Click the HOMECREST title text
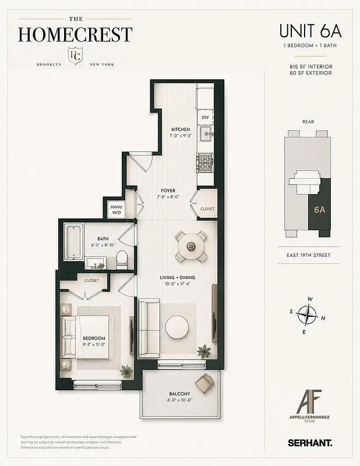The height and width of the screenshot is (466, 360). [x=75, y=34]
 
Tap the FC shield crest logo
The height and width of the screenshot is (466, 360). [x=75, y=57]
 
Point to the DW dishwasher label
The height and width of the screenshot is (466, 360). [x=205, y=117]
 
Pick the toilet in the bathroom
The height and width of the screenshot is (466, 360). [x=122, y=259]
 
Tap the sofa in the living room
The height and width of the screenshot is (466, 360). [x=149, y=328]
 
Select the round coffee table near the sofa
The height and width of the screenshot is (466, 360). [x=178, y=327]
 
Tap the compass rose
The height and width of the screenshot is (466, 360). [x=306, y=315]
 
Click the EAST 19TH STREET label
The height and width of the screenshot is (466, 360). [x=308, y=255]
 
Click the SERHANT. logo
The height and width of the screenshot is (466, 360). [x=310, y=443]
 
